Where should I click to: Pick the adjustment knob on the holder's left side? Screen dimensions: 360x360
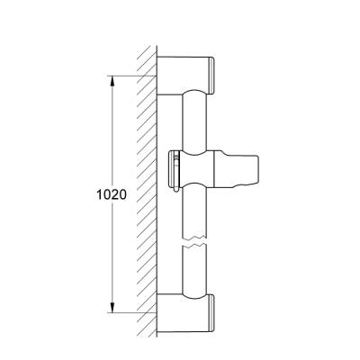point(174,171)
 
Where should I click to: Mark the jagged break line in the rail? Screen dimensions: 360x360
point(193,242)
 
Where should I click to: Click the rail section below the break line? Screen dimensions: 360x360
point(193,270)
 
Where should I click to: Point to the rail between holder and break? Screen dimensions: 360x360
point(193,216)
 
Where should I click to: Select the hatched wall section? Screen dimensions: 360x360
point(142,180)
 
